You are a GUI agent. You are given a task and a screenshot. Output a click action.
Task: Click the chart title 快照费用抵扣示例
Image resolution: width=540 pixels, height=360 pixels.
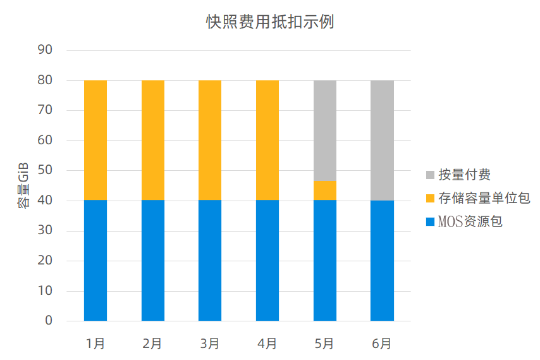(x=270, y=22)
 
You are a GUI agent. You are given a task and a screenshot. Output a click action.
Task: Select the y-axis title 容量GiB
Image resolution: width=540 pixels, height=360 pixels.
(x=23, y=185)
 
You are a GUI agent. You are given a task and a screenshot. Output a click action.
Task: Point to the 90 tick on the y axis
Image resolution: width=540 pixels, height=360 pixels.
(x=45, y=50)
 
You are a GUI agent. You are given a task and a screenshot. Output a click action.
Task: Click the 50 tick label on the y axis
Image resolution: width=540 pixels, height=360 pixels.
(x=45, y=171)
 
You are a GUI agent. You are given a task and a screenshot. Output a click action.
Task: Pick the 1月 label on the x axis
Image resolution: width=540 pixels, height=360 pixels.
(x=95, y=344)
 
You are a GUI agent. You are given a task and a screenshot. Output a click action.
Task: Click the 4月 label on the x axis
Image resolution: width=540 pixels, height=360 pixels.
(x=267, y=344)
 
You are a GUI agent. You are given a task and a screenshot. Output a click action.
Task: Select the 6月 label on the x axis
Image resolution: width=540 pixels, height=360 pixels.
(x=382, y=344)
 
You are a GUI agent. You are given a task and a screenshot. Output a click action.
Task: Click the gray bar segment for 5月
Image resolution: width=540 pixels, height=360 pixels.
(x=325, y=130)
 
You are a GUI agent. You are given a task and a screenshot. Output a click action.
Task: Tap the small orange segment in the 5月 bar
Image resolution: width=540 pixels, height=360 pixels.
(x=325, y=190)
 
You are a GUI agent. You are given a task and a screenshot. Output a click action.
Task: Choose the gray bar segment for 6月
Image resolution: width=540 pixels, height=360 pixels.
(x=382, y=140)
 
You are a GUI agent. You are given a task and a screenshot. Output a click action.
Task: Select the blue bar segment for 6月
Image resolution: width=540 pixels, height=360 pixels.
(x=382, y=261)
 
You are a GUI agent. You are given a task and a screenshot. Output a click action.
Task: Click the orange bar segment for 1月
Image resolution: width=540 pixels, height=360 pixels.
(x=95, y=140)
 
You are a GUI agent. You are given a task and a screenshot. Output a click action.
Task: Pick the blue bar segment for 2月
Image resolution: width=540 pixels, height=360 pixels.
(x=153, y=261)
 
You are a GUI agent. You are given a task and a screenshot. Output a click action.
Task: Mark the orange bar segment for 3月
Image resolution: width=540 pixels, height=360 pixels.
(x=210, y=140)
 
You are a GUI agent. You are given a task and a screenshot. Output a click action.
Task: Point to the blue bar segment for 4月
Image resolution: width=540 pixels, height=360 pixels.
(x=267, y=261)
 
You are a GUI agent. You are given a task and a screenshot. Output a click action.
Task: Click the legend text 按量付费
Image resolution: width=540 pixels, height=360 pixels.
(x=465, y=175)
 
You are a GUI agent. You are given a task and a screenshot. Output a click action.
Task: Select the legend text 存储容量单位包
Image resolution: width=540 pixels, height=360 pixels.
(x=484, y=199)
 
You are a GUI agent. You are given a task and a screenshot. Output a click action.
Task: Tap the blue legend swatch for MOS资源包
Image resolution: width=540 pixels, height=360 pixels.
(x=430, y=222)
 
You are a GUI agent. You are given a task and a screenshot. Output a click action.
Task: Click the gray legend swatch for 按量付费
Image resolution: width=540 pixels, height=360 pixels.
(x=430, y=175)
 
